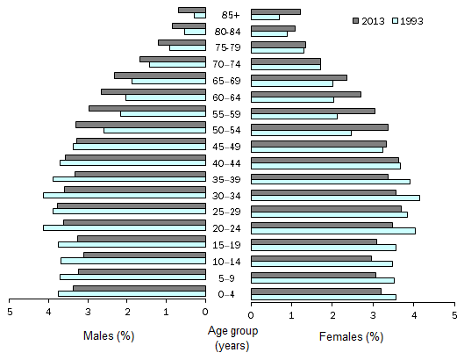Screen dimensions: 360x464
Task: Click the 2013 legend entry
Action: click(373, 19)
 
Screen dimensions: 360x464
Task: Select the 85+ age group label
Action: click(228, 14)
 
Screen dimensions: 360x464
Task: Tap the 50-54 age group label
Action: click(228, 130)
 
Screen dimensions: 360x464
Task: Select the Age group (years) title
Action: click(228, 340)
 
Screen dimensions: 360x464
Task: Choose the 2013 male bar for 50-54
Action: click(140, 125)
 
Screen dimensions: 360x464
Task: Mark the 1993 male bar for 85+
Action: click(200, 16)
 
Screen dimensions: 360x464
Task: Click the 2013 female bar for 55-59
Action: click(313, 111)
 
